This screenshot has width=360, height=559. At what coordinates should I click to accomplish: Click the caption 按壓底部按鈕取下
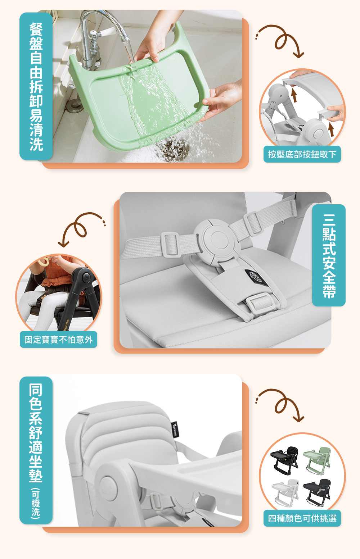pyautogui.click(x=302, y=154)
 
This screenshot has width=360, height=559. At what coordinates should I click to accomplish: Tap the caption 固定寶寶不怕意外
pyautogui.click(x=58, y=340)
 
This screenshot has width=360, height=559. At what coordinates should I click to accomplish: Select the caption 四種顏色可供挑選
pyautogui.click(x=302, y=518)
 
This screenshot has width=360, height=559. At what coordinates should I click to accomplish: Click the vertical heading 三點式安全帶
pyautogui.click(x=329, y=255)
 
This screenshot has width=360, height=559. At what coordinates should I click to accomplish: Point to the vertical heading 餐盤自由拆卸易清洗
pyautogui.click(x=36, y=86)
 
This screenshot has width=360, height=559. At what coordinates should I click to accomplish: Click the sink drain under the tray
pyautogui.click(x=172, y=149)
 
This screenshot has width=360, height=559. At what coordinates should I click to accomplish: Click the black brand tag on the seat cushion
pyautogui.click(x=175, y=429)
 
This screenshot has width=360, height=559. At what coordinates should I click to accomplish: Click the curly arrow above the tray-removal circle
pyautogui.click(x=281, y=40)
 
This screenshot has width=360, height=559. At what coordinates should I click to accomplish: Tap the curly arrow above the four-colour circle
pyautogui.click(x=281, y=405)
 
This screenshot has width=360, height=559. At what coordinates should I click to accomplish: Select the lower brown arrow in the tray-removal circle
pyautogui.click(x=331, y=129)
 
